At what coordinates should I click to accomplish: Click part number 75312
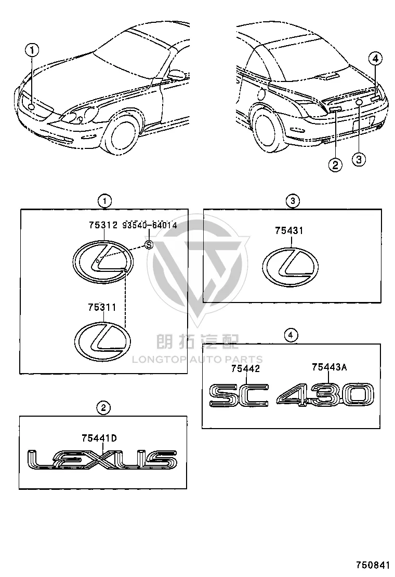103,225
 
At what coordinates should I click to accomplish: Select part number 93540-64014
150,225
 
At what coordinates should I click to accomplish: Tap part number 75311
102,307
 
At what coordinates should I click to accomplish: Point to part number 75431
289,231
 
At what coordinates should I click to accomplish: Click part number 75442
246,368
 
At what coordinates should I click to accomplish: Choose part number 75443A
329,367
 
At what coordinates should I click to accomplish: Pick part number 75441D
99,438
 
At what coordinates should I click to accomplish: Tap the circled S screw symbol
149,244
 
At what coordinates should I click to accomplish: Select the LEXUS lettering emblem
102,460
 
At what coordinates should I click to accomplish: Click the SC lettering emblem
239,395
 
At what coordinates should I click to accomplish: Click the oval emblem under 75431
291,266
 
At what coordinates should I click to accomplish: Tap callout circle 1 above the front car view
32,50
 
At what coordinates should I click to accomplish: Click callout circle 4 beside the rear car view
375,58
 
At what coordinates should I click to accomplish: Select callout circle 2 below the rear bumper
335,164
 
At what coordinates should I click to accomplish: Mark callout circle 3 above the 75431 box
293,201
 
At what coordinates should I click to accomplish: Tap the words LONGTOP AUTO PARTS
197,359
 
